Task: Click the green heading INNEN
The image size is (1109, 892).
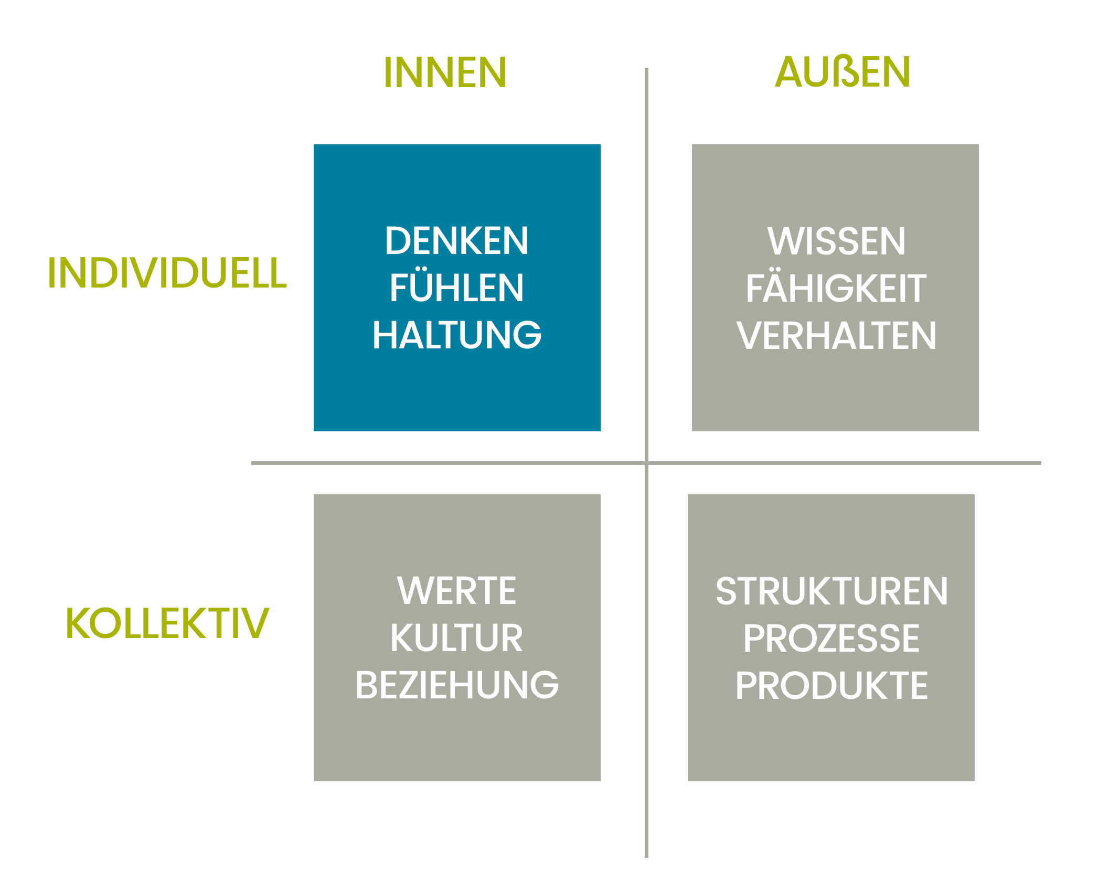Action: pyautogui.click(x=445, y=72)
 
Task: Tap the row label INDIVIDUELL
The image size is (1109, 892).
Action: pyautogui.click(x=167, y=272)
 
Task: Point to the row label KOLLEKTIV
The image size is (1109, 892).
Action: pyautogui.click(x=167, y=623)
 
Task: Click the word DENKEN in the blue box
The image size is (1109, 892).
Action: pyautogui.click(x=457, y=241)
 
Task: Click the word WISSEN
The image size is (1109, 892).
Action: pyautogui.click(x=836, y=241)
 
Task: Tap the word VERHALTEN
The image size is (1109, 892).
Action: pyautogui.click(x=836, y=335)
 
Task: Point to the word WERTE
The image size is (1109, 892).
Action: pyautogui.click(x=457, y=590)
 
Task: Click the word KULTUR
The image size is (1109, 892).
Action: pyautogui.click(x=457, y=638)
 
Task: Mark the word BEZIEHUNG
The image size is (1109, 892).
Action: pyautogui.click(x=457, y=685)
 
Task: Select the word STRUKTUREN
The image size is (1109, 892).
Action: pyautogui.click(x=831, y=591)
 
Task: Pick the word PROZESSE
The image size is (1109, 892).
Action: pyautogui.click(x=831, y=638)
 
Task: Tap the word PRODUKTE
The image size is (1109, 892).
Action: pyautogui.click(x=831, y=685)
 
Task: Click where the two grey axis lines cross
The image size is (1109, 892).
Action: pyautogui.click(x=646, y=463)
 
